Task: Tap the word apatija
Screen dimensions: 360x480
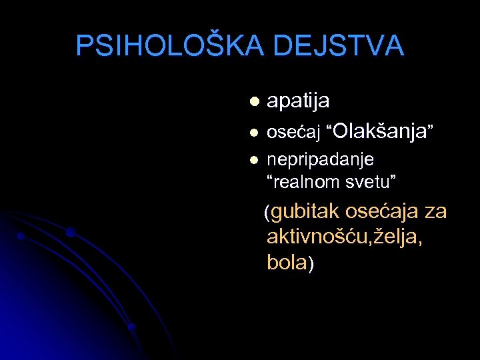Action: click(x=298, y=101)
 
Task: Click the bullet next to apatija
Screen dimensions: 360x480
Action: click(x=253, y=102)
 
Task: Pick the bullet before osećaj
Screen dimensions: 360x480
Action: click(x=253, y=133)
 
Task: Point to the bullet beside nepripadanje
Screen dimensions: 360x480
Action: click(x=253, y=160)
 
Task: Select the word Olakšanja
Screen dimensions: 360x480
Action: click(x=378, y=131)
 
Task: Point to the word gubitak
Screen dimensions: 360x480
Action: click(x=305, y=213)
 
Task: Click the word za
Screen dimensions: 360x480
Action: click(x=436, y=212)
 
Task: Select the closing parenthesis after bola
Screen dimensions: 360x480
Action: click(x=311, y=263)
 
